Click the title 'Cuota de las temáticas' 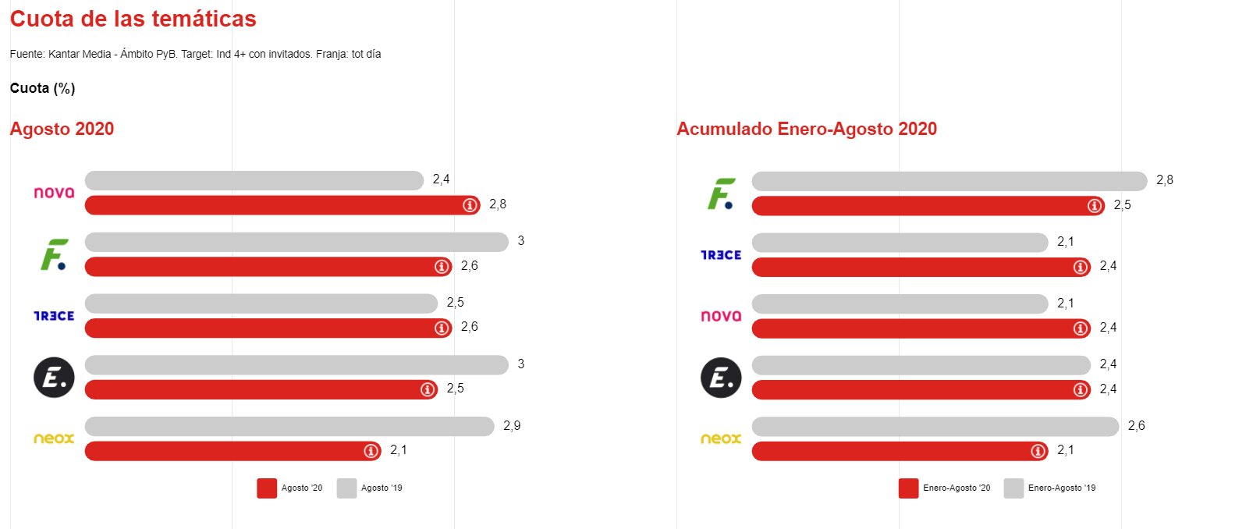[133, 19]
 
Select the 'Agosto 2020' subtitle [62, 129]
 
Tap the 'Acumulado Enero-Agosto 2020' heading [806, 129]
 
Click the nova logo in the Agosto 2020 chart [54, 192]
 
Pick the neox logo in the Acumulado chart [720, 438]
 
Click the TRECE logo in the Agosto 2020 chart [54, 316]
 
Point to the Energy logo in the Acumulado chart [720, 378]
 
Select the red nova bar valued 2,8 [273, 205]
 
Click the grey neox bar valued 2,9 [289, 426]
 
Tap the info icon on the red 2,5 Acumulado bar [1095, 206]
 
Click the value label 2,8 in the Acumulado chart [1164, 180]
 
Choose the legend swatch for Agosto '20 [267, 488]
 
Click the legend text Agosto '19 [382, 488]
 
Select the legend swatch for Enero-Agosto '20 [908, 488]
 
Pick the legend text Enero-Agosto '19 [1061, 488]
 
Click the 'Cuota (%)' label [42, 88]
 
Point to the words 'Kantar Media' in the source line [80, 55]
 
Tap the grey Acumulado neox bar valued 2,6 [935, 426]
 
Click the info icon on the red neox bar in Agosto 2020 [371, 451]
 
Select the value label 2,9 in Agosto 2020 [512, 426]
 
